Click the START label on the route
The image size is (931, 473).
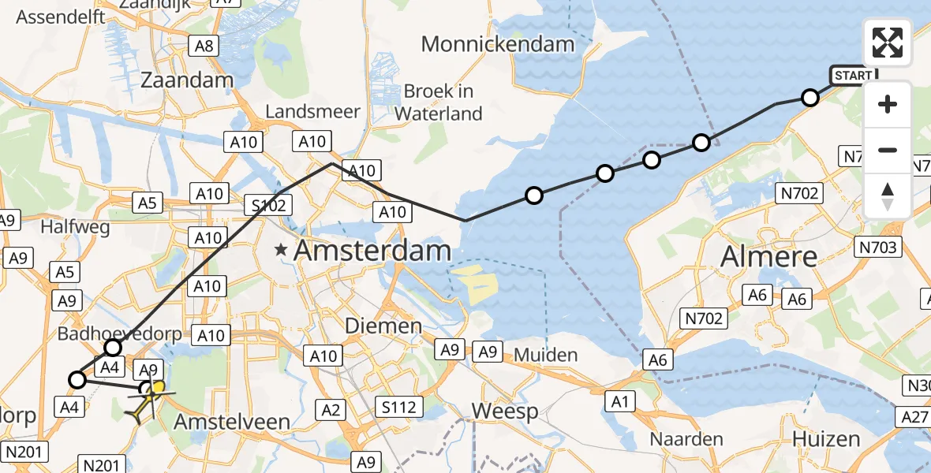click(x=853, y=76)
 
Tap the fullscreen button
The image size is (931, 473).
click(x=888, y=43)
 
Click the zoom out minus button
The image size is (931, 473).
click(x=888, y=150)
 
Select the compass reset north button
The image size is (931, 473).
click(x=888, y=196)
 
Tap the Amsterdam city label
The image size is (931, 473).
click(x=372, y=251)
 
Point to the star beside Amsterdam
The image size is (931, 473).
click(x=281, y=251)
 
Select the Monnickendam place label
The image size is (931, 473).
click(x=498, y=43)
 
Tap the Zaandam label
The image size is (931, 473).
click(x=187, y=80)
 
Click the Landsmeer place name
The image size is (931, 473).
click(x=312, y=111)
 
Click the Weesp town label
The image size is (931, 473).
click(x=505, y=410)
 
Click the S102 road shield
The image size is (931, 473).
click(x=268, y=205)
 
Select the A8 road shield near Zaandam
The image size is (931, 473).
click(x=204, y=46)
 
